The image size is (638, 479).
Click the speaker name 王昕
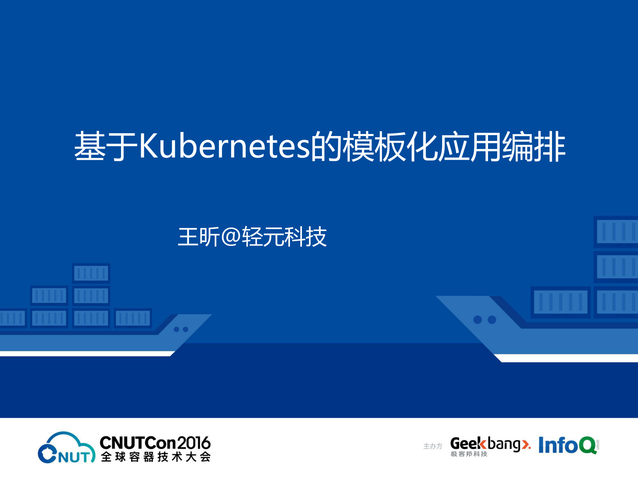point(199,237)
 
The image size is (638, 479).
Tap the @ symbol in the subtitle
point(231,237)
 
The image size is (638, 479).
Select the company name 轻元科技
point(284,237)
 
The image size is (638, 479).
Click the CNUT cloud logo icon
point(66,448)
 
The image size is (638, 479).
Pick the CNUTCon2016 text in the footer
point(155,443)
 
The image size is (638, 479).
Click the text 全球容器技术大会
point(156,457)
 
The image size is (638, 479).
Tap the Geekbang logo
point(490,444)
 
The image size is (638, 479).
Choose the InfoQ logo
point(567,445)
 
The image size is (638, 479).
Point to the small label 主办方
point(433,446)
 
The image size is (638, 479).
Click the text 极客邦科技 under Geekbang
point(469,454)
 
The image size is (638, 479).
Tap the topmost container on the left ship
point(91,273)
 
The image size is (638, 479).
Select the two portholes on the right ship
point(484,320)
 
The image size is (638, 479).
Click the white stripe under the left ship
point(86,354)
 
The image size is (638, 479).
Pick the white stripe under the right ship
point(567,358)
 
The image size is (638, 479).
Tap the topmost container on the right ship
point(616,231)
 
